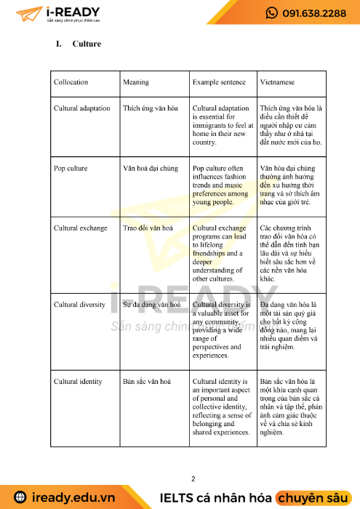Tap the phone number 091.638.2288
314,13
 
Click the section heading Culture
87,44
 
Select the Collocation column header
71,82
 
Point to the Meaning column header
136,82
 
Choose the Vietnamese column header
279,82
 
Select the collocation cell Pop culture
71,168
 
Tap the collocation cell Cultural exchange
80,228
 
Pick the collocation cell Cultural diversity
80,305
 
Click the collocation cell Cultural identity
79,381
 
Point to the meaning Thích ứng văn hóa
151,108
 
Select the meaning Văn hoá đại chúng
151,168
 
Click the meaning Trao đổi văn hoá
148,228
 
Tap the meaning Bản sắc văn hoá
147,381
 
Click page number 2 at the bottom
193,478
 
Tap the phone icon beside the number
272,13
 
